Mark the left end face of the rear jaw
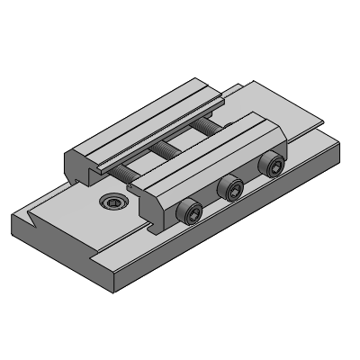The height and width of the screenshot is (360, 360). pos(77,166)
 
